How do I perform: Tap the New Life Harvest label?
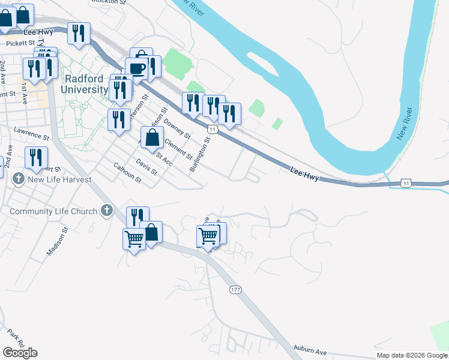tap(59, 179)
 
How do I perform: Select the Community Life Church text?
tap(53, 211)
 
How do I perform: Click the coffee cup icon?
tap(137, 68)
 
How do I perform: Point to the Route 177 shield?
tap(235, 290)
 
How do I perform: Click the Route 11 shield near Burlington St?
tap(212, 129)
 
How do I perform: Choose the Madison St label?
tap(58, 241)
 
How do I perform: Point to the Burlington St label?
tap(200, 155)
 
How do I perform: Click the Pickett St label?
tap(20, 43)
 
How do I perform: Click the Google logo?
tap(20, 353)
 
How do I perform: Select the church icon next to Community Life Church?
tap(107, 210)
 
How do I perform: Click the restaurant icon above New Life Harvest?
tap(36, 157)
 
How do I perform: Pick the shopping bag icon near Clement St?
tap(152, 137)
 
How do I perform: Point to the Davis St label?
tap(146, 166)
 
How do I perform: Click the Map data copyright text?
tap(412, 355)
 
